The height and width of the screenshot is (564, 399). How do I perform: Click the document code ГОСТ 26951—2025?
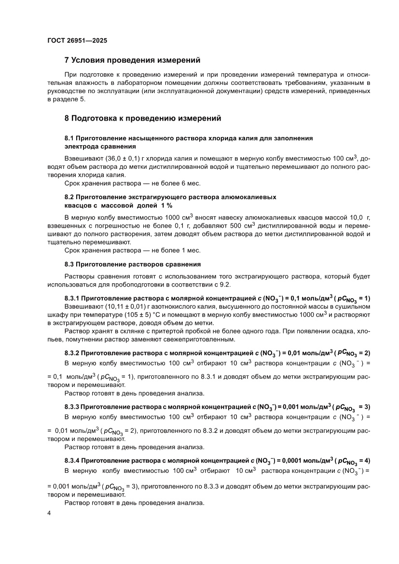click(77, 41)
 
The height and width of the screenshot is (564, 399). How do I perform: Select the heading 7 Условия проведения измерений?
click(132, 60)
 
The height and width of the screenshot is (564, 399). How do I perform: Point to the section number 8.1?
click(70, 138)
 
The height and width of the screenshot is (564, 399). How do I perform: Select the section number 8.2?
click(70, 197)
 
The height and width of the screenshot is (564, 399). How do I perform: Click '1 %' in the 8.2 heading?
click(127, 206)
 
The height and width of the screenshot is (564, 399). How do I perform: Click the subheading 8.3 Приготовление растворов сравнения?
click(133, 264)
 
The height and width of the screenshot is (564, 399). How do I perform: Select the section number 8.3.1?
click(73, 298)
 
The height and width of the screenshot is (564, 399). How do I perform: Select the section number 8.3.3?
click(73, 406)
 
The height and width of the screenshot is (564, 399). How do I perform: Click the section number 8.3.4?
click(73, 460)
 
